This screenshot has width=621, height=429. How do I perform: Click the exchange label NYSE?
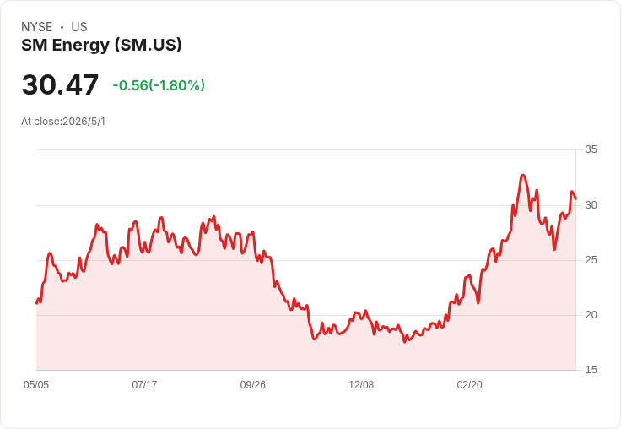[x=37, y=27]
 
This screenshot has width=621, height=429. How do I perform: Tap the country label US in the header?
[x=79, y=27]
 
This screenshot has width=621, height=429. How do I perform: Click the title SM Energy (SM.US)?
[x=101, y=46]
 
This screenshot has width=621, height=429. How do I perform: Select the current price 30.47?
[x=60, y=84]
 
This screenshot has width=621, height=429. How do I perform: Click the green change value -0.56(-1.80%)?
[x=159, y=85]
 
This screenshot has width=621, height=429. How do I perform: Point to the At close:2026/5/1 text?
[x=63, y=122]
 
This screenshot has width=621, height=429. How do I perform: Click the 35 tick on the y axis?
[x=591, y=149]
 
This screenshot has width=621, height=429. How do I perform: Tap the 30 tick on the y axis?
[x=591, y=205]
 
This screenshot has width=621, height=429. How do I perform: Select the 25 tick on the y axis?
[x=591, y=260]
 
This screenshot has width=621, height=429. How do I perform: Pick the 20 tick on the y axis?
[x=591, y=315]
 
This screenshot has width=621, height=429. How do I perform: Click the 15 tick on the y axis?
[x=591, y=370]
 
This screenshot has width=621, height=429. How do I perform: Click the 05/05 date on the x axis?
[x=36, y=385]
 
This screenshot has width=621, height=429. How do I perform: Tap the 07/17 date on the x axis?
[x=144, y=385]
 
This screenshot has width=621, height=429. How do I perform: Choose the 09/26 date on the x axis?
[x=253, y=385]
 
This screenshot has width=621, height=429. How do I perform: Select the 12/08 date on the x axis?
[x=361, y=385]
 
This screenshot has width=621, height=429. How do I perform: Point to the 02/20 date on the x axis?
[x=470, y=385]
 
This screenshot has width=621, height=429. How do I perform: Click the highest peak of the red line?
[x=523, y=175]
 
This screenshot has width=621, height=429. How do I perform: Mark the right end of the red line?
[x=575, y=199]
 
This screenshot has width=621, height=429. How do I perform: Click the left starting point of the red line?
[x=36, y=303]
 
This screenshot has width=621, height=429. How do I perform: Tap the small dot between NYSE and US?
[x=62, y=27]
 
